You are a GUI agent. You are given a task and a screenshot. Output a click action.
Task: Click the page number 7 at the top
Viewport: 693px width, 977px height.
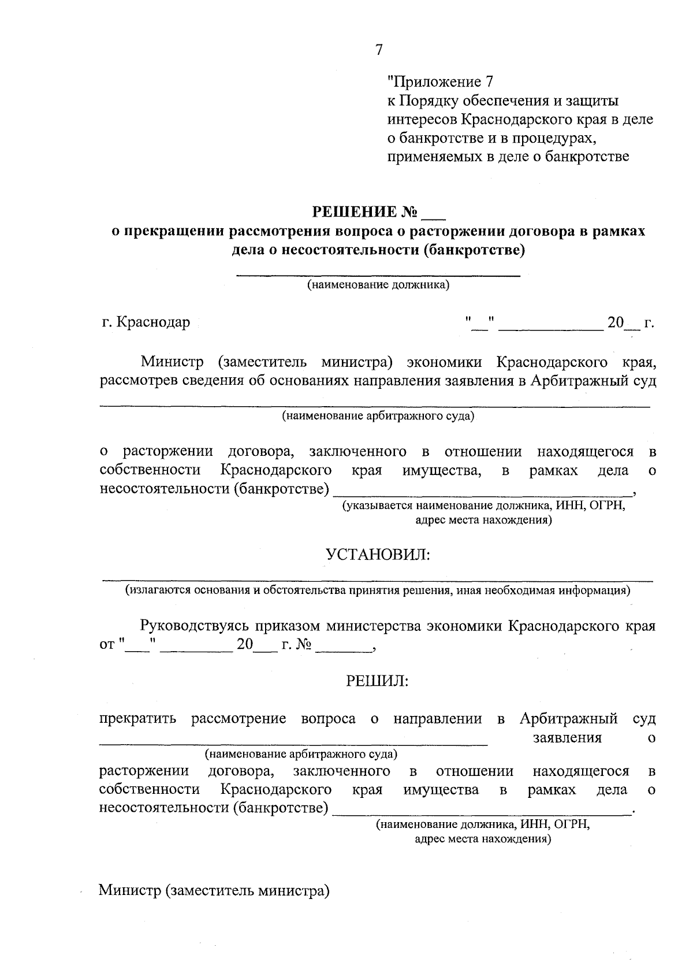point(379,50)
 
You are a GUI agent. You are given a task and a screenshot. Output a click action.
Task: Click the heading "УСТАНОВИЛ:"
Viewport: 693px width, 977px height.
point(378,555)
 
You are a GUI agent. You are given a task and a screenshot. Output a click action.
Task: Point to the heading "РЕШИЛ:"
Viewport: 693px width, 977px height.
point(377,682)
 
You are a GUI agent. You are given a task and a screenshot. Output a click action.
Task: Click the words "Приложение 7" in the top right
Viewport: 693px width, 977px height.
point(441,81)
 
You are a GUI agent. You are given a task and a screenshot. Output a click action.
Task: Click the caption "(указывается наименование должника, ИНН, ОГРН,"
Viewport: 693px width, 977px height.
point(484,506)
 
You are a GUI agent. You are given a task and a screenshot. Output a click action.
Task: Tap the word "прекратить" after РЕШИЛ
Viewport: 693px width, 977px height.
point(137,719)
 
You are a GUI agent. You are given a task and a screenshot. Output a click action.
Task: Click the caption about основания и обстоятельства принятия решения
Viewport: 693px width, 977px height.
point(378,591)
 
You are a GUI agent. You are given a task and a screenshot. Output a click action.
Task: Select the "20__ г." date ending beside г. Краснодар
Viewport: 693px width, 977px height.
point(630,322)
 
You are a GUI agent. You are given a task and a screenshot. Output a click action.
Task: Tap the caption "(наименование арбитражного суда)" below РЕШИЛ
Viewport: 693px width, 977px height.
point(301,755)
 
